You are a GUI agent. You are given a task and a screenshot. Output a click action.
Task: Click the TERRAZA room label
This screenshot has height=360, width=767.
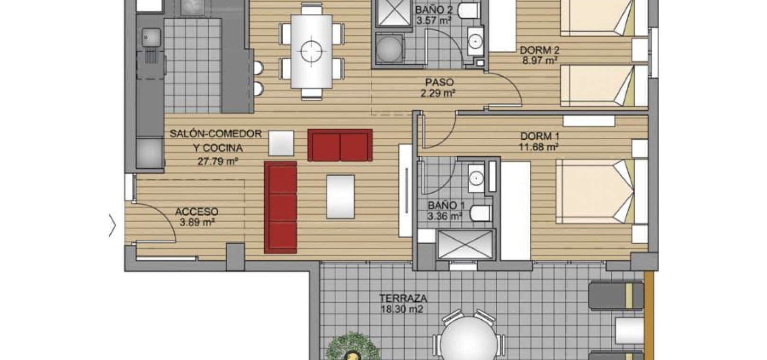coord(403,297)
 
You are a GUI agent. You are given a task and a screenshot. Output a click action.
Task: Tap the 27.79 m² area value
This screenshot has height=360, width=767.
coord(217,161)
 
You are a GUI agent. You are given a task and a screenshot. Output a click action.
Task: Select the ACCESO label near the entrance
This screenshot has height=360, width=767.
coord(196,211)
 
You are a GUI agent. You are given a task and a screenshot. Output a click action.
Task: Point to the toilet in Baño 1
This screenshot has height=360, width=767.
coord(481,213)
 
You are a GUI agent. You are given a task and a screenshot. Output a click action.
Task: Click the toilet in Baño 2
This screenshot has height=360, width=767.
coord(468,10)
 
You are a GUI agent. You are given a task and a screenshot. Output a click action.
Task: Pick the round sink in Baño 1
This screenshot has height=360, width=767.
coord(476,178)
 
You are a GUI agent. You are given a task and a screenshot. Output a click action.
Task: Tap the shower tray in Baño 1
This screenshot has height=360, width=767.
coord(465,244)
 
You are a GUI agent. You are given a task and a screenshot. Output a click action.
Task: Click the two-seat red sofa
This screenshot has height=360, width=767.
coord(339,145)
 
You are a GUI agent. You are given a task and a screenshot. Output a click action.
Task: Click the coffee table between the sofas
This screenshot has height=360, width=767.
coord(340,197)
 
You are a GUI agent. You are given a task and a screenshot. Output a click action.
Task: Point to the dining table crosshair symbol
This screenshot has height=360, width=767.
coord(312,51)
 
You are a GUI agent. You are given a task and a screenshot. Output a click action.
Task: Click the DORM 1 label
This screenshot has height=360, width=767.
coord(540,136)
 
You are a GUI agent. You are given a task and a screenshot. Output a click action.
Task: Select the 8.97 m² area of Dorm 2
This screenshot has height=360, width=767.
coord(539,61)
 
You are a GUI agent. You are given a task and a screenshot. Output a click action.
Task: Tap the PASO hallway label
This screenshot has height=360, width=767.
coord(439,82)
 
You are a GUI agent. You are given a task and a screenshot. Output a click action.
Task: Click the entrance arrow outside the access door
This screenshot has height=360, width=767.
coord(112,225)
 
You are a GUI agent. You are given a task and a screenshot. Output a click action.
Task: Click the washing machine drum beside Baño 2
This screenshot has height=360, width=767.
coord(389,48)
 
